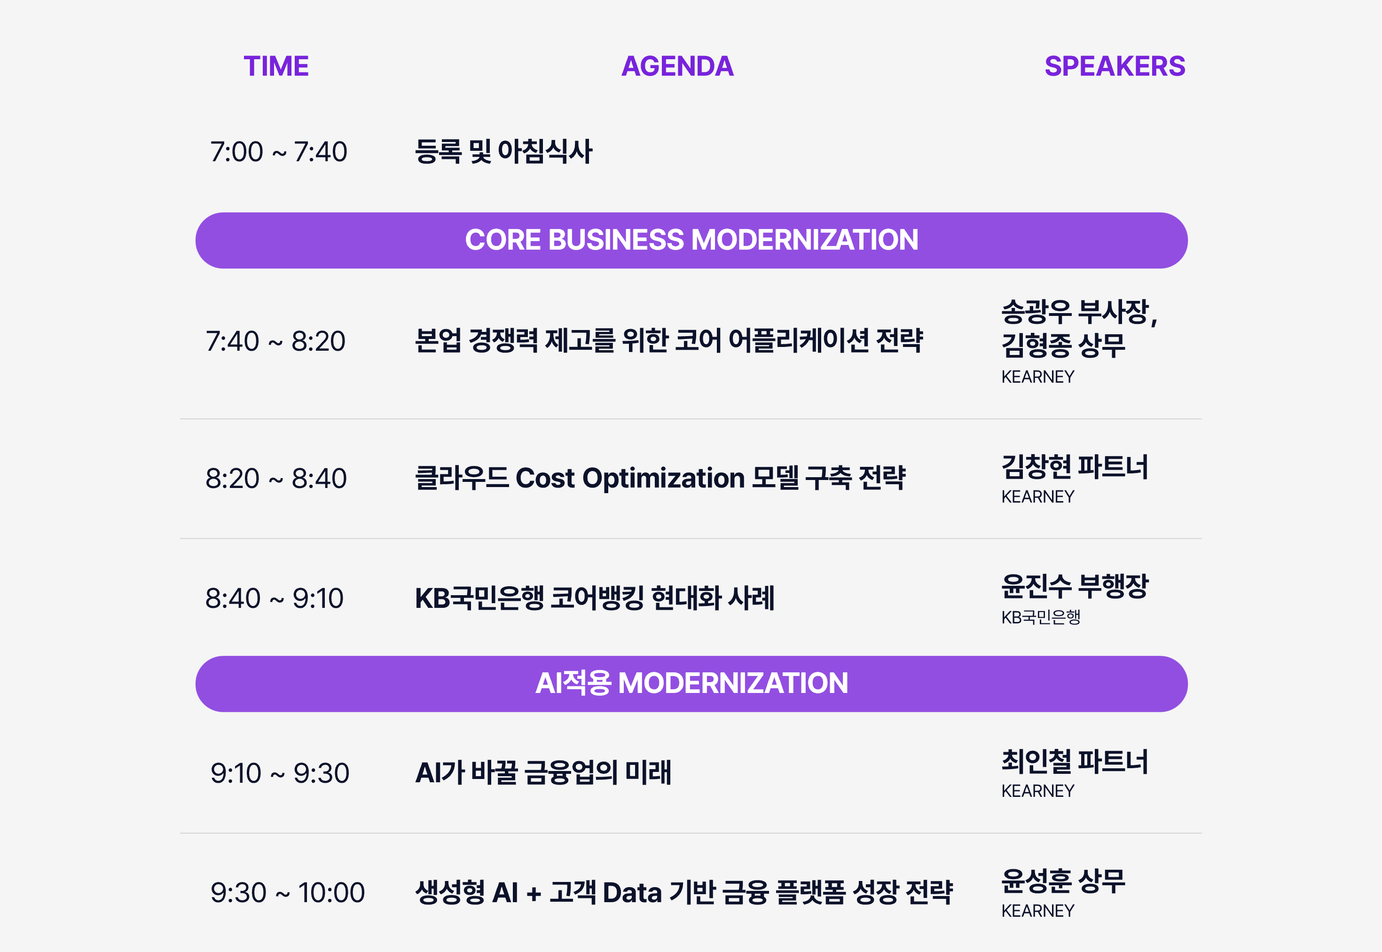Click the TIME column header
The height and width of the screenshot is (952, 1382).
click(x=275, y=66)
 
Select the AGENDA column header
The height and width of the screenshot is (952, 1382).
click(x=677, y=66)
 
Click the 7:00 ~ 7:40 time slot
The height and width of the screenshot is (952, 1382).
click(x=279, y=151)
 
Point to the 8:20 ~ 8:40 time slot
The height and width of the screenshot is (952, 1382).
click(x=276, y=479)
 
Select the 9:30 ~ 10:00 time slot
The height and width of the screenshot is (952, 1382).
click(x=288, y=893)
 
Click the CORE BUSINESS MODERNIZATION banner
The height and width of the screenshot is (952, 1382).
click(x=691, y=240)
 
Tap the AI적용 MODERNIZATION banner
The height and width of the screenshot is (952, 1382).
click(x=691, y=684)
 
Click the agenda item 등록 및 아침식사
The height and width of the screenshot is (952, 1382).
click(x=503, y=151)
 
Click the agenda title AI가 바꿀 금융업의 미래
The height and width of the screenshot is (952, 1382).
click(x=543, y=773)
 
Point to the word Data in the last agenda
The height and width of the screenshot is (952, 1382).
click(x=632, y=893)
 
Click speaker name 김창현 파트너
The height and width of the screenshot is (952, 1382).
click(x=1075, y=466)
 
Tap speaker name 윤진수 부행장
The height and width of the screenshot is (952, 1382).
click(x=1075, y=586)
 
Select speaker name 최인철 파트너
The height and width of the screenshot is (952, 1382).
click(x=1075, y=761)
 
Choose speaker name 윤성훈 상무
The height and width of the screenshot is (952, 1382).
click(x=1063, y=881)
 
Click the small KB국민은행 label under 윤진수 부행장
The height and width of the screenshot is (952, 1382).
click(x=1041, y=617)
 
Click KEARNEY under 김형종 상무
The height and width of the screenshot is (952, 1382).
click(x=1038, y=377)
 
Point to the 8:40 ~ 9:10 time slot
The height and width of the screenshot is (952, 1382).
click(x=275, y=598)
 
